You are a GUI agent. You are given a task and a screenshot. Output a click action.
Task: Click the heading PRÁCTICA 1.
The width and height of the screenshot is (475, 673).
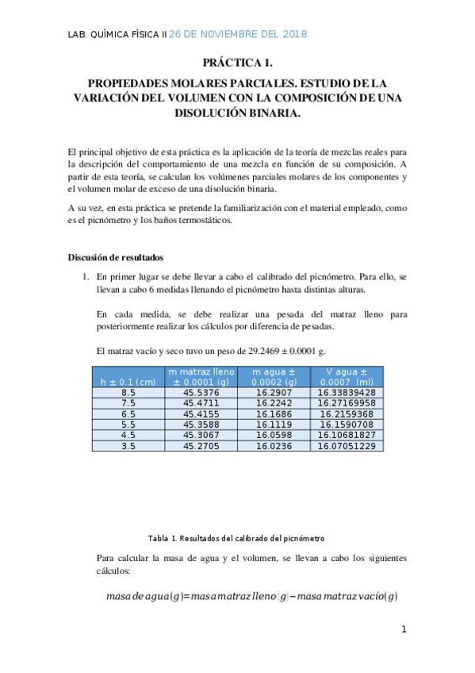click(237, 62)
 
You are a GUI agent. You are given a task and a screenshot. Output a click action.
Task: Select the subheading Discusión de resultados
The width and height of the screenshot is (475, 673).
click(115, 257)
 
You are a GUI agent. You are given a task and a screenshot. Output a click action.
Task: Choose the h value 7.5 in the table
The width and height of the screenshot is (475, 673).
click(128, 403)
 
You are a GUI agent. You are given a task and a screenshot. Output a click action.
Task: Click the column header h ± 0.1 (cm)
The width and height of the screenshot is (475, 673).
click(128, 382)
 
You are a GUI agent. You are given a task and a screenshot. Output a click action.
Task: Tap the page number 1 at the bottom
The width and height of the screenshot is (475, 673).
click(404, 629)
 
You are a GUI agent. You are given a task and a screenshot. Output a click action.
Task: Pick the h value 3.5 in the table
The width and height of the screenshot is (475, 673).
click(128, 446)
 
